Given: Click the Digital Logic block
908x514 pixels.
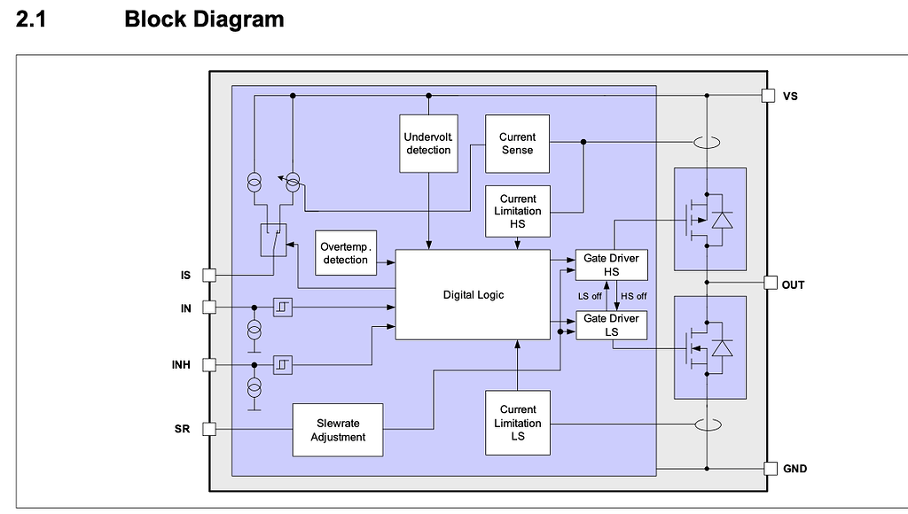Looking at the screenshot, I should [x=473, y=295].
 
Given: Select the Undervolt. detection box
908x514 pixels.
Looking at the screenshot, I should [x=428, y=144].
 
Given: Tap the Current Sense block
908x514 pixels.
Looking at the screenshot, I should [x=517, y=144].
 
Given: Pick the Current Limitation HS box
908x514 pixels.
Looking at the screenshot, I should [x=517, y=211].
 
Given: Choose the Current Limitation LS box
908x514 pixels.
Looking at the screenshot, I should [x=517, y=423].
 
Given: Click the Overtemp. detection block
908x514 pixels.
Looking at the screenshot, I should [x=345, y=253].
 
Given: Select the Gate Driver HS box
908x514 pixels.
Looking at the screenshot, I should [x=612, y=265].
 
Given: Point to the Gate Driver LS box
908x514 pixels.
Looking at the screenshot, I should [x=612, y=325].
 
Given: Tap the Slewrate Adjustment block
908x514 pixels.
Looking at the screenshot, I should [x=338, y=430].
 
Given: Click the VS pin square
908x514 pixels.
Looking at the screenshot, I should [x=769, y=95].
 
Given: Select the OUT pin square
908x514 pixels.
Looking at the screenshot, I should [x=769, y=284].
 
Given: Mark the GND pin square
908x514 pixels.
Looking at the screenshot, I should [x=769, y=468].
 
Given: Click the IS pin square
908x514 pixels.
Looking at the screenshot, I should [x=209, y=276].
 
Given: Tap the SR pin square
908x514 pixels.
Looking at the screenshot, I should [x=209, y=430].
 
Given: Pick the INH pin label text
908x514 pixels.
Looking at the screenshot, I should [x=181, y=364].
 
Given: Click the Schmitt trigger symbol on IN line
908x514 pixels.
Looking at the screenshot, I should [x=283, y=307].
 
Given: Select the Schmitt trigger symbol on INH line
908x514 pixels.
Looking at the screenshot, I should [x=283, y=364].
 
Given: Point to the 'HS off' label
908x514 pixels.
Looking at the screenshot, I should [x=633, y=296].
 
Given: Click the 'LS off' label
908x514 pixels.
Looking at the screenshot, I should [x=590, y=296].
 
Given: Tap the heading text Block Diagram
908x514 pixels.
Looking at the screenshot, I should [x=204, y=19].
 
